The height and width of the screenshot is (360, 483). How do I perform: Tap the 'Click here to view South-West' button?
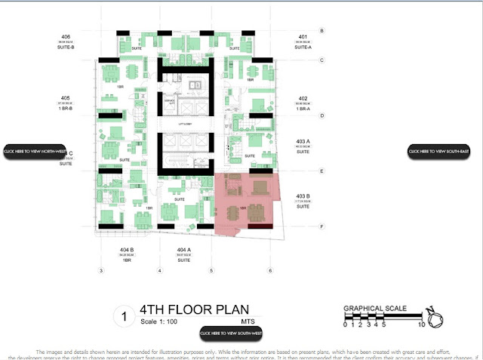(x=230, y=332)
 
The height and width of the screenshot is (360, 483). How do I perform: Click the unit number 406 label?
(x=66, y=36)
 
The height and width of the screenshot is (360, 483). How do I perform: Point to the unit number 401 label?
(x=303, y=36)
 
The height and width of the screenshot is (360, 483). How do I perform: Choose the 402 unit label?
(x=303, y=98)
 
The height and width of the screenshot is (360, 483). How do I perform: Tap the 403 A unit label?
(x=303, y=141)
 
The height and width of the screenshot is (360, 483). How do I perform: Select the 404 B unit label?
(x=126, y=249)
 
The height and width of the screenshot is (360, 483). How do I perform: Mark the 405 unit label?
(x=66, y=98)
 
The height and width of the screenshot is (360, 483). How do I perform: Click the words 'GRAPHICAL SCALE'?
(x=375, y=308)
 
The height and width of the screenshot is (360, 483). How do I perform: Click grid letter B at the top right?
(x=322, y=31)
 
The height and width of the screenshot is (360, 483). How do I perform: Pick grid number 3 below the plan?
(x=100, y=270)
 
